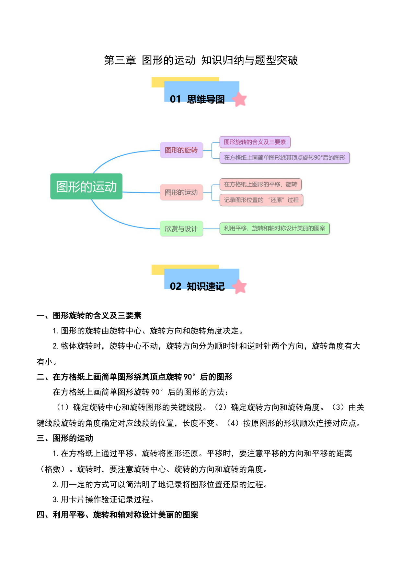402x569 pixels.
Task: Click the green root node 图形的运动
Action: pyautogui.click(x=86, y=186)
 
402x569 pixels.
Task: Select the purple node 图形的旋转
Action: pyautogui.click(x=181, y=150)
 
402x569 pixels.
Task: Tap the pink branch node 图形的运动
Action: pyautogui.click(x=181, y=192)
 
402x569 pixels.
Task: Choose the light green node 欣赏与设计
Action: pyautogui.click(x=181, y=229)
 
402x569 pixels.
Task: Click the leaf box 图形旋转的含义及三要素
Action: pyautogui.click(x=255, y=142)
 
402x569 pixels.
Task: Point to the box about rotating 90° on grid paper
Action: pyautogui.click(x=285, y=158)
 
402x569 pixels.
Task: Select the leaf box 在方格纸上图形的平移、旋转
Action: pyautogui.click(x=260, y=184)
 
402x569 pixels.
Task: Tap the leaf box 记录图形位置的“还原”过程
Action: pyautogui.click(x=261, y=200)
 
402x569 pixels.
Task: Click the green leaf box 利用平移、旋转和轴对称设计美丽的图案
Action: pyautogui.click(x=275, y=228)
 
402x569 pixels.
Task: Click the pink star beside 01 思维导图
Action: pyautogui.click(x=240, y=99)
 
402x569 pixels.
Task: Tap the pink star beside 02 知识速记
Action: pyautogui.click(x=240, y=286)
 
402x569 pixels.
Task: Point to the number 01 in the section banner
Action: pyautogui.click(x=175, y=99)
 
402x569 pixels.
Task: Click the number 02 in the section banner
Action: pyautogui.click(x=176, y=286)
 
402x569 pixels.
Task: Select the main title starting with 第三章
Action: pyautogui.click(x=201, y=60)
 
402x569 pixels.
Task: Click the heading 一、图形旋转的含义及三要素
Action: pyautogui.click(x=89, y=315)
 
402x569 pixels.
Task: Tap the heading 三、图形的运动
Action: pyautogui.click(x=65, y=438)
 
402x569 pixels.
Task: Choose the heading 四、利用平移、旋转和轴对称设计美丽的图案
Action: pyautogui.click(x=117, y=515)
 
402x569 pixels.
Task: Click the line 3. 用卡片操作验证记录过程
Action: pyautogui.click(x=104, y=500)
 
